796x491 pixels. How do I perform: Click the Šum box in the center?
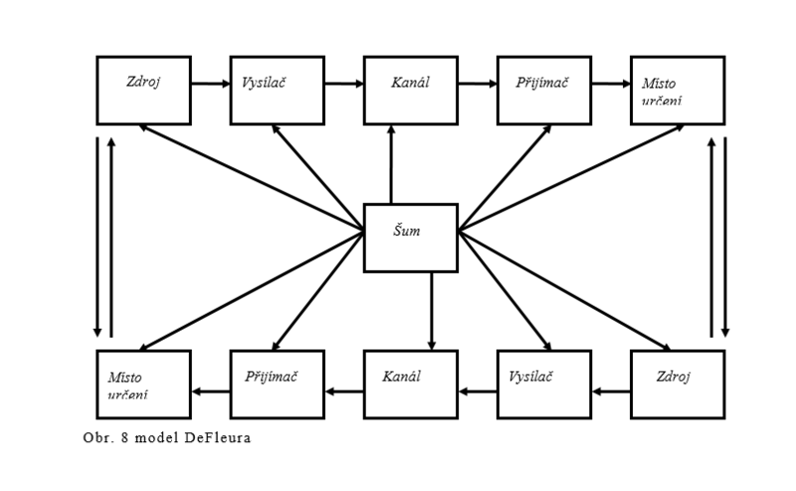click(x=410, y=237)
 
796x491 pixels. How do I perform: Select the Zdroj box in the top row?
click(x=143, y=90)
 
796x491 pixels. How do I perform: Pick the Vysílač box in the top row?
click(x=277, y=90)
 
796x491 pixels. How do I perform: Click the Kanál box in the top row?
click(x=410, y=90)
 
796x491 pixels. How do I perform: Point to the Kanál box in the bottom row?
click(x=410, y=383)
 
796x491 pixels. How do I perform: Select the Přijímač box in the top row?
click(x=544, y=90)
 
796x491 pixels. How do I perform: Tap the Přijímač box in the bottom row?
click(x=277, y=383)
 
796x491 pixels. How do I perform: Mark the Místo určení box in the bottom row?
click(x=143, y=383)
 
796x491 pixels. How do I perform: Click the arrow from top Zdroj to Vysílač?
click(x=210, y=85)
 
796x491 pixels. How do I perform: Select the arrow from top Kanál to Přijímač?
click(x=478, y=85)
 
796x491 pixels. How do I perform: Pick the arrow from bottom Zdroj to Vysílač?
click(x=611, y=390)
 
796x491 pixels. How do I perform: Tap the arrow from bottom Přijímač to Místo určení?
click(x=210, y=390)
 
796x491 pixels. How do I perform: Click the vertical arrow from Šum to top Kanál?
click(x=391, y=164)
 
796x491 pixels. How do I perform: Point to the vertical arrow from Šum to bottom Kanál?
click(x=431, y=310)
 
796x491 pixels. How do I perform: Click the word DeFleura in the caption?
click(x=216, y=437)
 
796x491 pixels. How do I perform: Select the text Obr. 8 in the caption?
click(x=102, y=437)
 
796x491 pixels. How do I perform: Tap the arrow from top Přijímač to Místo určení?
click(x=611, y=85)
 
